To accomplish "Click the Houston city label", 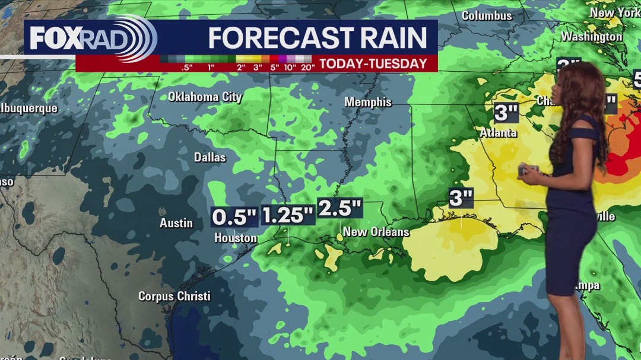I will point(236,238).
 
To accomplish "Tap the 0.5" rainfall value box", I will point(234,217).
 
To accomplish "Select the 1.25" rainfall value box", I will point(288,215).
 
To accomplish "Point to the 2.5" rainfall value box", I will point(340,209).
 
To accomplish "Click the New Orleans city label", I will point(376,232).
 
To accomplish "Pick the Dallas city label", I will point(210,157).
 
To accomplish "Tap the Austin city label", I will point(176,223).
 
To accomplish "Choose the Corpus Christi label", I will point(174,295).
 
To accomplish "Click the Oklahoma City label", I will point(205,97).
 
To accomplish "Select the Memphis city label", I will point(368,102).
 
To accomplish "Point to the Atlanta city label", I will point(498,133).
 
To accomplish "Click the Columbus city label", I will point(487,15).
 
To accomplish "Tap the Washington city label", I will point(591,36).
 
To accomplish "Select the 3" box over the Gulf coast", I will point(461,198).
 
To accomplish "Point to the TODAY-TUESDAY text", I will point(373,63).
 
